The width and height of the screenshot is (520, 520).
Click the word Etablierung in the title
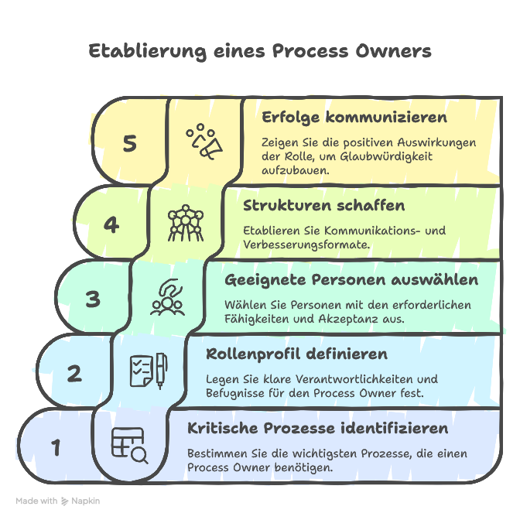coord(145,52)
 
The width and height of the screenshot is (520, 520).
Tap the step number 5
coord(130,144)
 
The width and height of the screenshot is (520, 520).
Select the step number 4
coord(111,224)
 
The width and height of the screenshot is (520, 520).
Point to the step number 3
coord(93,299)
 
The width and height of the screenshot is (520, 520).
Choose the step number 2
coord(74,374)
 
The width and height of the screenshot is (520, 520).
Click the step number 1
coord(55,447)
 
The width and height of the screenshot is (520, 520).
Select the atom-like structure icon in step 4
coord(186,222)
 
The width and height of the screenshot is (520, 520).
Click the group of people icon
coord(167,298)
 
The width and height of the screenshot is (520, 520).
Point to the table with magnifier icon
coord(129,446)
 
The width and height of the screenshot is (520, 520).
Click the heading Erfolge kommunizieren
coord(354,118)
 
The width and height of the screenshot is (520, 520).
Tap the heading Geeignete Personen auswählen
coord(351,279)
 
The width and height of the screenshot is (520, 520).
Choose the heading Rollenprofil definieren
coord(296,354)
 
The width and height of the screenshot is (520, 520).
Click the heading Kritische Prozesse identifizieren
coord(318,428)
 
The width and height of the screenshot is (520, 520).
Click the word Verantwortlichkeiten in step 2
coord(345,379)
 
